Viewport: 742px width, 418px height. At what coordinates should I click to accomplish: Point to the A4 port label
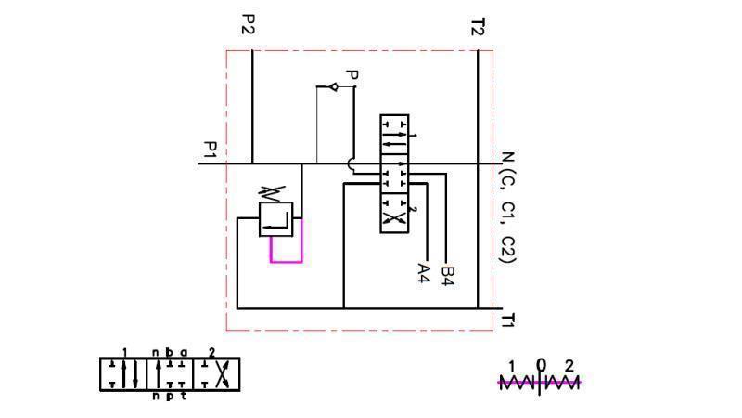(424, 272)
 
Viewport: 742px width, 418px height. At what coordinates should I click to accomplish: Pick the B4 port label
(448, 274)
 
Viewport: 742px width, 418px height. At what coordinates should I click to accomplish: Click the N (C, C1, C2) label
(506, 207)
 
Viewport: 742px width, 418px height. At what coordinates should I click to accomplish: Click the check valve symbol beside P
(334, 87)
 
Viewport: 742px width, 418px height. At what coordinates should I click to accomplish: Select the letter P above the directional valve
(351, 75)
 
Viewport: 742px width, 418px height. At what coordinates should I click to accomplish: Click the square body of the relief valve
(275, 219)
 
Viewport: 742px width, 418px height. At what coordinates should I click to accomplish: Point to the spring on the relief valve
(270, 193)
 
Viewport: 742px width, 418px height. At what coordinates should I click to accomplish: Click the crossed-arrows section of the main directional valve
(394, 217)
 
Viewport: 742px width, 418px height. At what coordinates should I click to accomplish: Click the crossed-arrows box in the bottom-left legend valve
(219, 374)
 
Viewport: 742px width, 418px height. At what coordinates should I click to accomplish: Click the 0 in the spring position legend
(542, 365)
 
